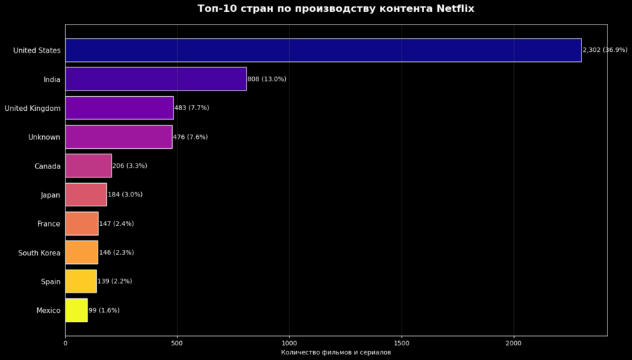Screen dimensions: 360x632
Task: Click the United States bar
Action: pyautogui.click(x=323, y=51)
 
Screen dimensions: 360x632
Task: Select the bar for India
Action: pyautogui.click(x=156, y=79)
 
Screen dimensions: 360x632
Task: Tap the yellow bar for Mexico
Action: pyautogui.click(x=77, y=310)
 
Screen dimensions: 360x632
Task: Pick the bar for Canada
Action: pyautogui.click(x=88, y=166)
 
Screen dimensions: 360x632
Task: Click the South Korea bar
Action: pyautogui.click(x=81, y=253)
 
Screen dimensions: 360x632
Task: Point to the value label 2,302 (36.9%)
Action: pyautogui.click(x=605, y=51)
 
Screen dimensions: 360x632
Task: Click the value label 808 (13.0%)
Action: pyautogui.click(x=267, y=79)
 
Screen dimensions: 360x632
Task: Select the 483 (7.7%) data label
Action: pyautogui.click(x=192, y=108)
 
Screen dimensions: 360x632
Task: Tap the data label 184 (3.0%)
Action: pyautogui.click(x=125, y=194)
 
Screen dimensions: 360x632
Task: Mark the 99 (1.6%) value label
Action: pyautogui.click(x=104, y=310)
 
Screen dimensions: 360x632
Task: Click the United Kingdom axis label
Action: pyautogui.click(x=32, y=108)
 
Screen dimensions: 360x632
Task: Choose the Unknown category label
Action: pyautogui.click(x=44, y=137)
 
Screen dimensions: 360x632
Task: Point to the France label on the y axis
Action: pyautogui.click(x=49, y=224)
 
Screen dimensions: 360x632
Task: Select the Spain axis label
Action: pyautogui.click(x=51, y=281)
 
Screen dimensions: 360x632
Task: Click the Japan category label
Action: pyautogui.click(x=51, y=195)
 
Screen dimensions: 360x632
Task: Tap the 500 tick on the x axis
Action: pyautogui.click(x=177, y=343)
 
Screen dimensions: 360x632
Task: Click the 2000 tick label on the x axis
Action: pyautogui.click(x=513, y=343)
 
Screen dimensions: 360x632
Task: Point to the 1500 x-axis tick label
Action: pyautogui.click(x=402, y=343)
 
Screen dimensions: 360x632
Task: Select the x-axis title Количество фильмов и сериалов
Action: pyautogui.click(x=336, y=352)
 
